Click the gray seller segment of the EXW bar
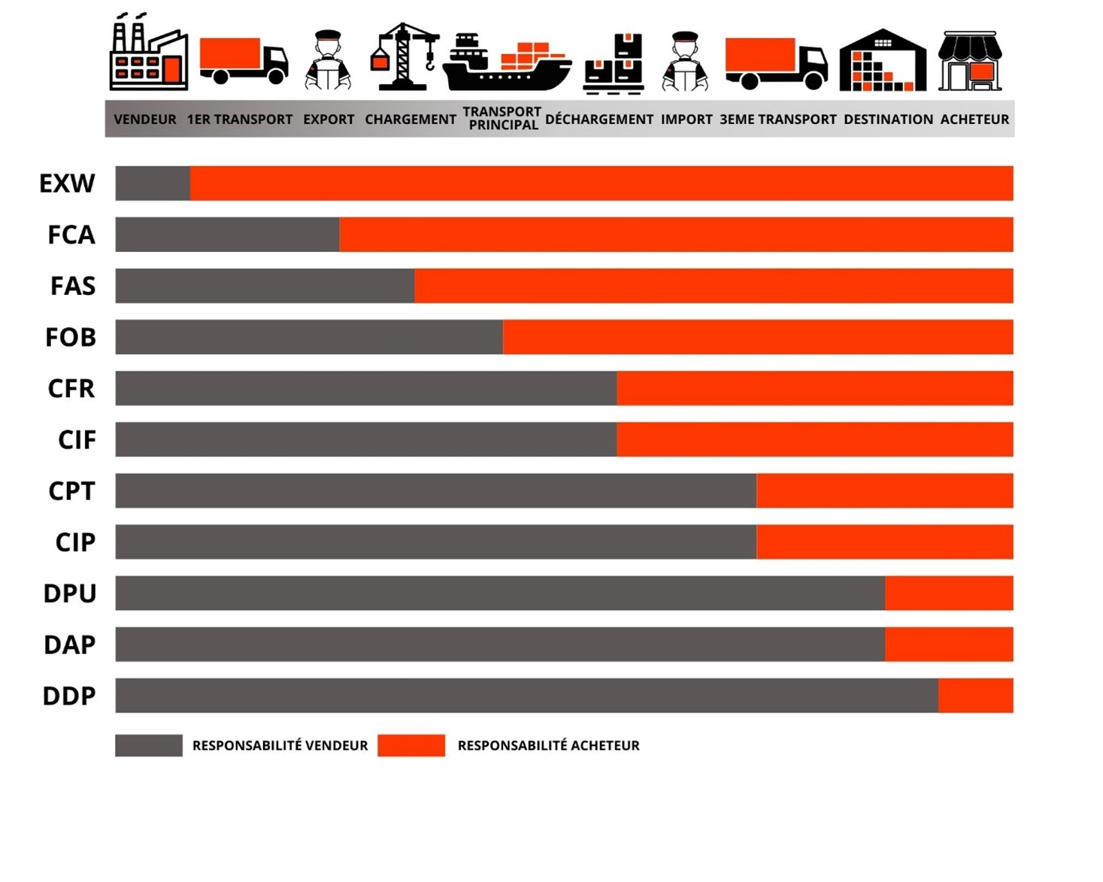click(153, 183)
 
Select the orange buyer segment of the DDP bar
click(975, 696)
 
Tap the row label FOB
click(71, 338)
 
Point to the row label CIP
click(75, 542)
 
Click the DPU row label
click(70, 593)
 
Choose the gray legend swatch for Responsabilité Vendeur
click(149, 745)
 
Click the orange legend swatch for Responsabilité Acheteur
click(411, 745)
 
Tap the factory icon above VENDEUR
click(148, 54)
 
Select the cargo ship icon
click(507, 63)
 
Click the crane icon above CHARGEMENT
click(405, 57)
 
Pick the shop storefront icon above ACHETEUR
click(970, 61)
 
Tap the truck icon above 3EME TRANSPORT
click(776, 62)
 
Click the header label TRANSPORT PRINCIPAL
click(502, 118)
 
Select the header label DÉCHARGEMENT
click(599, 120)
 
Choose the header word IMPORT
click(686, 120)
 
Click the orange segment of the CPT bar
click(884, 491)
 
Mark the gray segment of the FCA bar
click(227, 235)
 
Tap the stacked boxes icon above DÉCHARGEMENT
click(614, 63)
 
